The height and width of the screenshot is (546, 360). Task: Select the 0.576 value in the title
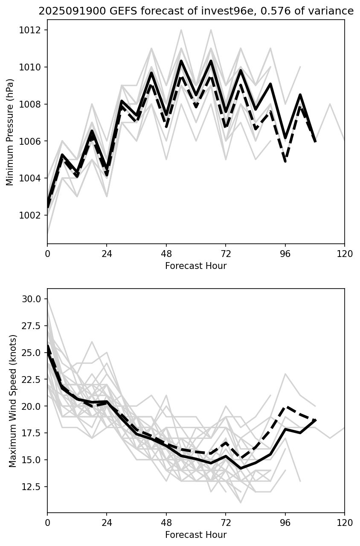261,11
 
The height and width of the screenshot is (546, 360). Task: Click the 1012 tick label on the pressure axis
32,30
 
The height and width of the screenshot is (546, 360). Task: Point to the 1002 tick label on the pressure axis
32,215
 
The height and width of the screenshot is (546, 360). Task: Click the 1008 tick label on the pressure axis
32,104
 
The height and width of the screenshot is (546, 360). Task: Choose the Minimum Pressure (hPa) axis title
10,132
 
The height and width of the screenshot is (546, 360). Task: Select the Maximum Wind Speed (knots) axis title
12,400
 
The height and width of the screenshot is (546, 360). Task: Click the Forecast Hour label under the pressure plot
196,266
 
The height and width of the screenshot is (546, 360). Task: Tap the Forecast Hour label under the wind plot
196,535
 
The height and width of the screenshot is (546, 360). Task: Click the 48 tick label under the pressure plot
166,254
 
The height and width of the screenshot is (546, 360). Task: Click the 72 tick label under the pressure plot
226,254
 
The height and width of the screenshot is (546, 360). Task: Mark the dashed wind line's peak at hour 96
285,406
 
